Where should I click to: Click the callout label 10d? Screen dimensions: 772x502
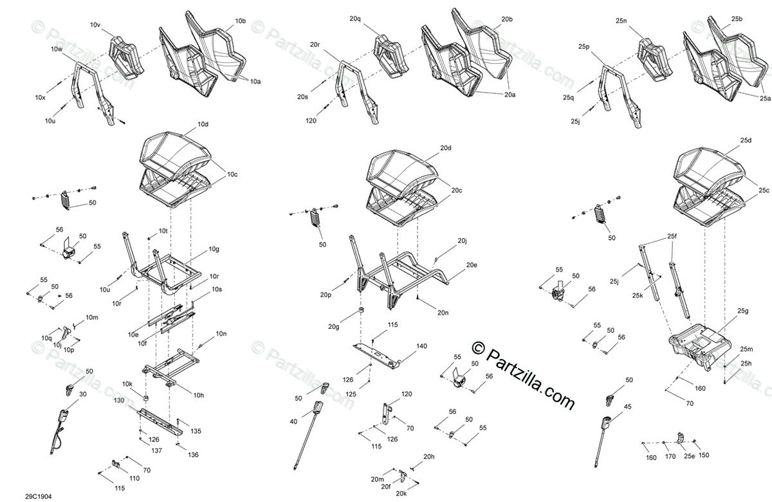(x=203, y=124)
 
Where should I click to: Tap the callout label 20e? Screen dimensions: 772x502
(x=472, y=265)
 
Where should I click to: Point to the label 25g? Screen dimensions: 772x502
(x=743, y=311)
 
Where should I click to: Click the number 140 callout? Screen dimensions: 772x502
(x=421, y=346)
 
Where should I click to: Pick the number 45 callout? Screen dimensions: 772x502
(x=628, y=406)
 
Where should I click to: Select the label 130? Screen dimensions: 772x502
(x=118, y=400)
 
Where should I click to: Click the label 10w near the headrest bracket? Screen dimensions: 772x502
(x=57, y=50)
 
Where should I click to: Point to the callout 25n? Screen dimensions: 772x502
(x=621, y=21)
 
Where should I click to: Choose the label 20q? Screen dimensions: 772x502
(x=355, y=19)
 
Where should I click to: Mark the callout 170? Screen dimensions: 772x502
(x=670, y=457)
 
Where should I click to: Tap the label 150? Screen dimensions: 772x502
(x=704, y=456)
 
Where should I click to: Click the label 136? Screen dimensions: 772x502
(x=193, y=455)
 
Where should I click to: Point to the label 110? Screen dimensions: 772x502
(x=134, y=479)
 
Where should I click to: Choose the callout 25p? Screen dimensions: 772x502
(x=584, y=46)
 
